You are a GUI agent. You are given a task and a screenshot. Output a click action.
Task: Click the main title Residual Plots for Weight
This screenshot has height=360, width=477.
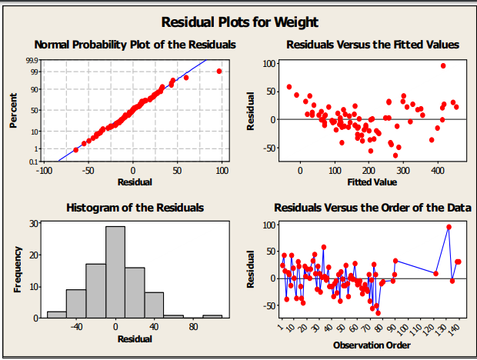point(239,22)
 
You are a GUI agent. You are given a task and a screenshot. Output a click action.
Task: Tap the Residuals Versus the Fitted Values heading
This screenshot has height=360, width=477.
point(372,45)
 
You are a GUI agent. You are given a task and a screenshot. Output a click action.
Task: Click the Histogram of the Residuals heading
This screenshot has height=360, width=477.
point(135,208)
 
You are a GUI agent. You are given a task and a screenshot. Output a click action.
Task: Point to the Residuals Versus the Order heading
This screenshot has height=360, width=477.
point(372,208)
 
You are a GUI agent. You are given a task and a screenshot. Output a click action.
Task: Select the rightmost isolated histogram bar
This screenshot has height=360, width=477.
point(212,315)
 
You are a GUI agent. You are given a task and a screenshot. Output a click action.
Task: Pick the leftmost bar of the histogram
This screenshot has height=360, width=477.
point(57,314)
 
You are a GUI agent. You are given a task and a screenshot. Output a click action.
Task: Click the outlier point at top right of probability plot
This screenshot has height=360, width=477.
point(219,71)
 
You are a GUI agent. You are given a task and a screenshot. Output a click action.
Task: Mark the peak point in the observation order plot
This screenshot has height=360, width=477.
point(449,227)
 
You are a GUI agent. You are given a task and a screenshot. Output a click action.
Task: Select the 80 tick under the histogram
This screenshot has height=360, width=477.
point(193,327)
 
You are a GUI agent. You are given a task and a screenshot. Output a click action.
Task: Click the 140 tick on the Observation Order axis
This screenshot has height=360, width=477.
point(455,330)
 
